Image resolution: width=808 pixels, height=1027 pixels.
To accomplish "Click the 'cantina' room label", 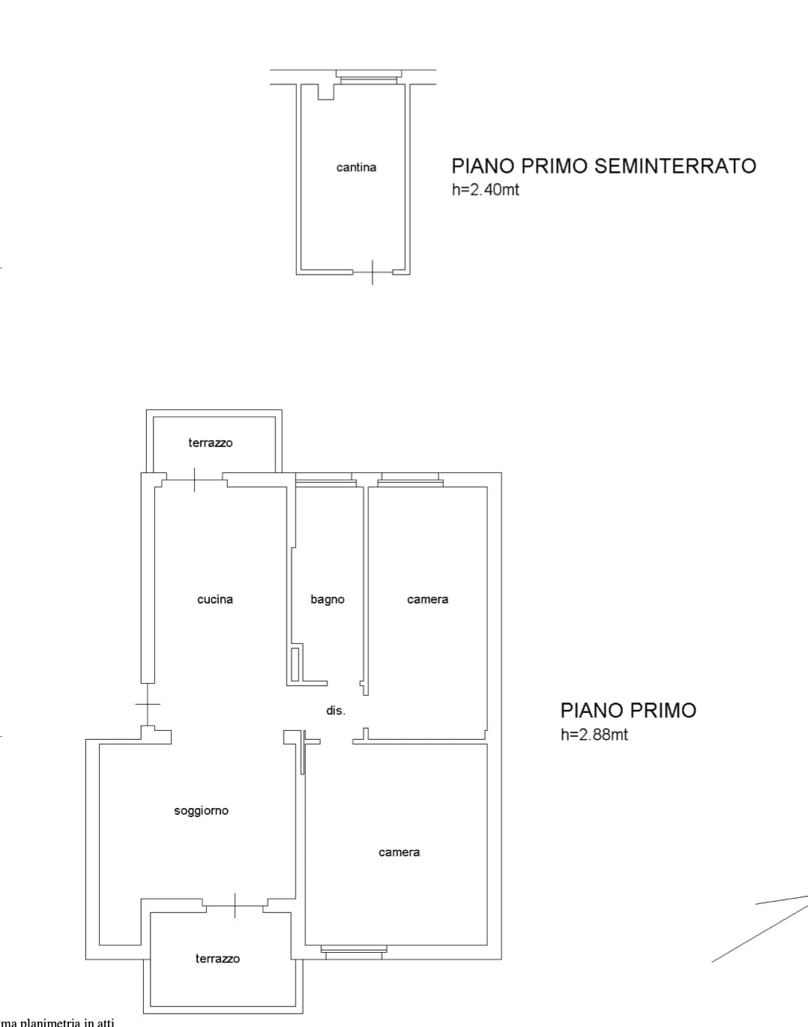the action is [356, 167].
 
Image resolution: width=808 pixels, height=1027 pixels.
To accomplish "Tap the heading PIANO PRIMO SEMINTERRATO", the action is [603, 166].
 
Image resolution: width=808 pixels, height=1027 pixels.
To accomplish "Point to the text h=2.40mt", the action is [486, 190].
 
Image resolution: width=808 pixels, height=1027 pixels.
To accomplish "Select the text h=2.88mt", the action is [594, 735].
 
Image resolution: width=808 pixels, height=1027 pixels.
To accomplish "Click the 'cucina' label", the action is [215, 600].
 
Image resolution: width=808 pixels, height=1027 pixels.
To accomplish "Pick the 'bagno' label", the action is [328, 600].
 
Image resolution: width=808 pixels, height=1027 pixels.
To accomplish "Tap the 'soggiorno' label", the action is [201, 811].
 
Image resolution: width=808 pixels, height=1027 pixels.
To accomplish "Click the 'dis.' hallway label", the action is [336, 711].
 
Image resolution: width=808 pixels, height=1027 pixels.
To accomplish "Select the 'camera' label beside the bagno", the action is [428, 600].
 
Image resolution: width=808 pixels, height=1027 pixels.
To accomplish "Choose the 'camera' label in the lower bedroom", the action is [399, 852].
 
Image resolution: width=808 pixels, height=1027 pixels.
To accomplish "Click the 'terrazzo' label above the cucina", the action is [211, 443].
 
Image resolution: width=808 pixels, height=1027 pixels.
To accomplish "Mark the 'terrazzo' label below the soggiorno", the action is [217, 959].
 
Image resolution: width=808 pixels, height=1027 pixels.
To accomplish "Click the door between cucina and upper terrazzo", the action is [194, 480].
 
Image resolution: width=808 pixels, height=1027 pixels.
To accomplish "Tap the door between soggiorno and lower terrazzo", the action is [235, 906].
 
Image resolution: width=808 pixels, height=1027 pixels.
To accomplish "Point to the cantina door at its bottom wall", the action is [373, 273].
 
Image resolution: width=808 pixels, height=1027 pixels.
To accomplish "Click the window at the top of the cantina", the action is [369, 77].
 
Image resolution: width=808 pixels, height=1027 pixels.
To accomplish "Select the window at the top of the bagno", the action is [325, 480].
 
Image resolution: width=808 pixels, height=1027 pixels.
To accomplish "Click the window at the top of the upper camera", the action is [410, 480].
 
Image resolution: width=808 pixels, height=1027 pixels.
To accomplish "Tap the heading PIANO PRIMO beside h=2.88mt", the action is [629, 711].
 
